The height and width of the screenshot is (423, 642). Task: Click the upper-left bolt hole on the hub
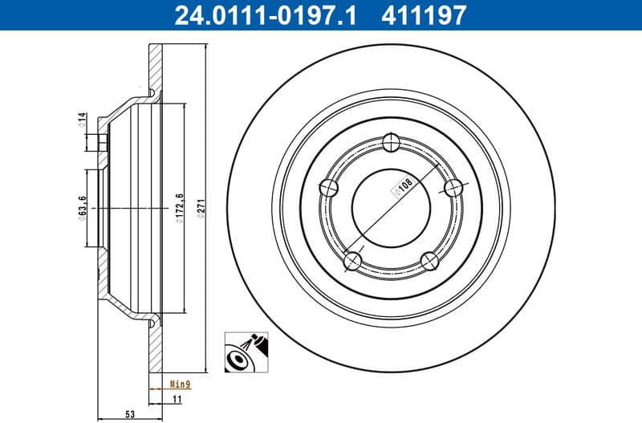coord(329,189)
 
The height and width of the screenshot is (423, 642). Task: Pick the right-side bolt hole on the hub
coord(454,188)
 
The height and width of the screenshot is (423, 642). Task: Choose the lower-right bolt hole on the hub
coord(430,260)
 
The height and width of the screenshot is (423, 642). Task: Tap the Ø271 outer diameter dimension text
coord(201,209)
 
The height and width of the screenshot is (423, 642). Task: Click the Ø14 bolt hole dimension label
coord(82,120)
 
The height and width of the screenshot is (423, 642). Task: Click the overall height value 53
coord(128,414)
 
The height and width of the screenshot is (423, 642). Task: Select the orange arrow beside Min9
coord(156,385)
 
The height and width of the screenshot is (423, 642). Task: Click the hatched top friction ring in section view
coord(154,68)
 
